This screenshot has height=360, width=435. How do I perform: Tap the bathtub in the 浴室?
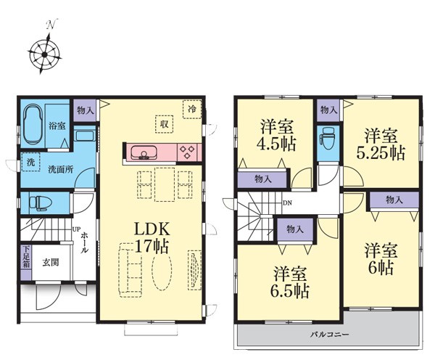click(33, 124)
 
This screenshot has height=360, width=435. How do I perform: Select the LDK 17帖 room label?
click(152, 238)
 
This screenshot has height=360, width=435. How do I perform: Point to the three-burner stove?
click(187, 152)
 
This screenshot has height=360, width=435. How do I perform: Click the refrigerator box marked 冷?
click(192, 109)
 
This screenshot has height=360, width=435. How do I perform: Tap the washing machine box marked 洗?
click(30, 162)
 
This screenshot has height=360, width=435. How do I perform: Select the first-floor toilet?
click(40, 202)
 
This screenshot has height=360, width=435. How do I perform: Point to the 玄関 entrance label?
click(51, 263)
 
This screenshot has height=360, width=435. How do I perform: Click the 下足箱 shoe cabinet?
click(26, 263)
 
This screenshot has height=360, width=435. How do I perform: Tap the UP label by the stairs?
click(75, 229)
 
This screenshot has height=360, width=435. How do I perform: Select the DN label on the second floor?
click(287, 203)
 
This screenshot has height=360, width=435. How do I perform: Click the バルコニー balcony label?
click(329, 334)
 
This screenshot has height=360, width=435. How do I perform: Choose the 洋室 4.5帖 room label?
click(277, 135)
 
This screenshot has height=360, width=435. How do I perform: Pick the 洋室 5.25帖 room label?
click(381, 144)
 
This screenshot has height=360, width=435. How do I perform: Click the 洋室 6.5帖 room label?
click(290, 282)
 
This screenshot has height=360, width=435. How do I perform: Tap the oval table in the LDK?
click(162, 270)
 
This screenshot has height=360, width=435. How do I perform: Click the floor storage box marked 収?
click(165, 124)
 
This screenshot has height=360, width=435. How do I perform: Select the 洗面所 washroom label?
click(61, 169)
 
